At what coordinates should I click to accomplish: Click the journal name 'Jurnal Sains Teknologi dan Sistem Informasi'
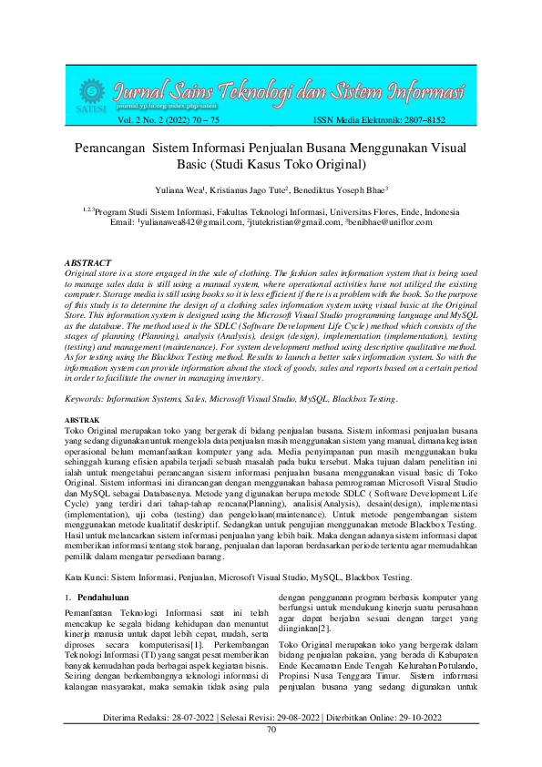point(288,92)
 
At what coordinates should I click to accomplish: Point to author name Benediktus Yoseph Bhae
point(343,189)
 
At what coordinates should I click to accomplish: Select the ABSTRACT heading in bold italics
point(89,262)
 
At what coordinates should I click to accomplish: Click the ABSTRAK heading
point(83,418)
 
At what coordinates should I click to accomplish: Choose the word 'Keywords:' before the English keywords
point(89,399)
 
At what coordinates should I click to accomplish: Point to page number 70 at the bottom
point(271,755)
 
